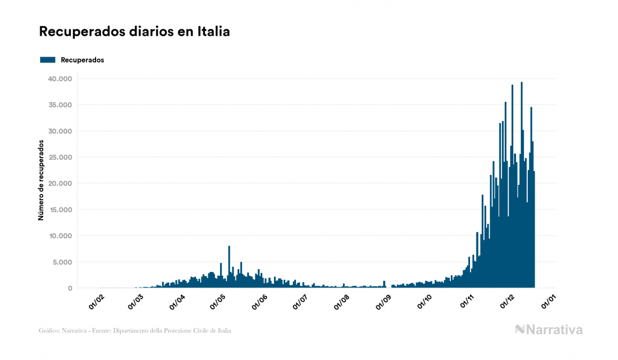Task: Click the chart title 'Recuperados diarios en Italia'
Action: coord(134,32)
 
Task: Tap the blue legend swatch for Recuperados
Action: coord(48,60)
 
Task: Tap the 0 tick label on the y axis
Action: coord(69,288)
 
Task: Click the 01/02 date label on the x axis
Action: coord(96,302)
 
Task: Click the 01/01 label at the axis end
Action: coord(549,302)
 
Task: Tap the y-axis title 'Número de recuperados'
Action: coord(41,180)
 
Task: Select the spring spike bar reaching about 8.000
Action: coord(229,267)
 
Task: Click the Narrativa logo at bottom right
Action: coord(549,330)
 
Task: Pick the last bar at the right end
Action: coord(534,230)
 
